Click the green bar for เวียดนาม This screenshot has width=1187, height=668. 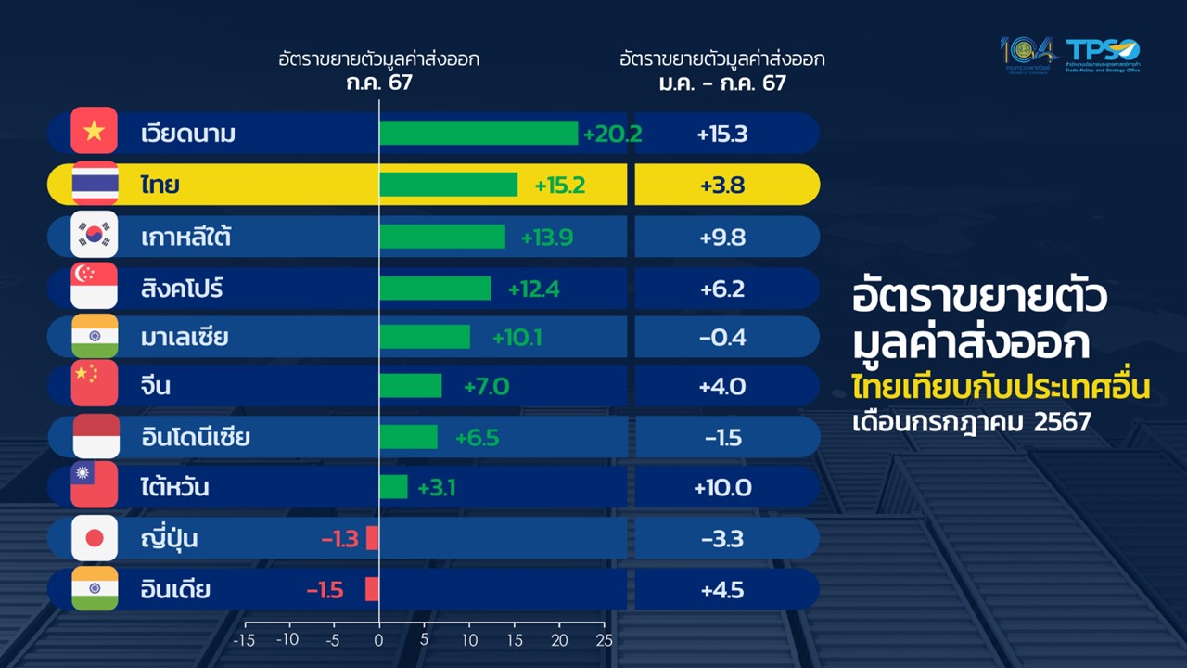coord(479,134)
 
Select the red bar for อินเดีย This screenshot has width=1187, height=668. coord(372,589)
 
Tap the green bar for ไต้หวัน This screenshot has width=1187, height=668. coord(393,487)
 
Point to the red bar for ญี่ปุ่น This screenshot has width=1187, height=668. coord(373,538)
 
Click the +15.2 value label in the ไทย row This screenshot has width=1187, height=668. coord(560,186)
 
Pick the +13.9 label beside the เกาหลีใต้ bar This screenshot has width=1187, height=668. coord(546,238)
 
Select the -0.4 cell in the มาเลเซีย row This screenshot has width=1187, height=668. coord(722,337)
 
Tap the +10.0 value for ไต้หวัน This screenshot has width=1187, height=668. coord(722,487)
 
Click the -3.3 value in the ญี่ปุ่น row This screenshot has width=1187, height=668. coord(722,538)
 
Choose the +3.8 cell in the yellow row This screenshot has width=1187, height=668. coord(722,186)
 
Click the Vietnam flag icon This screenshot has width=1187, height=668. coord(95,131)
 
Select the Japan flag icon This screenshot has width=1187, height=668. coord(95,538)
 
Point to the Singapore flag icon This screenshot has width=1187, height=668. coord(95,286)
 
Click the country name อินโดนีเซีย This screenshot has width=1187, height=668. coord(196,437)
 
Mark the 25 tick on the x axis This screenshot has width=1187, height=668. coord(605,640)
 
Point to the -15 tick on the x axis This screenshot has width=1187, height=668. coord(243,640)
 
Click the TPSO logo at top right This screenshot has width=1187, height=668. coord(1103,54)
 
